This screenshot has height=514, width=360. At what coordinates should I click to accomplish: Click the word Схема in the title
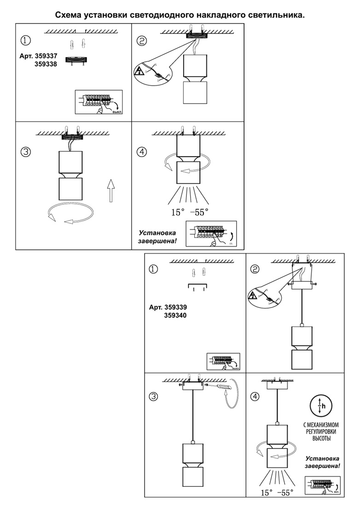[68, 15]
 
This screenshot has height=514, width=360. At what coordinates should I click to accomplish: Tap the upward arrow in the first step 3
[110, 191]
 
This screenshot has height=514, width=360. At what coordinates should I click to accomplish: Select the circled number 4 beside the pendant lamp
[255, 396]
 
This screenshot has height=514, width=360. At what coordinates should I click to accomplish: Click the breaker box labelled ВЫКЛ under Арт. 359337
[99, 102]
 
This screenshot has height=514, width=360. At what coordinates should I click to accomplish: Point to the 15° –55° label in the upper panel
[189, 212]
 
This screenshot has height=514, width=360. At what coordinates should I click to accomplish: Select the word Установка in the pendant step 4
[322, 459]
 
